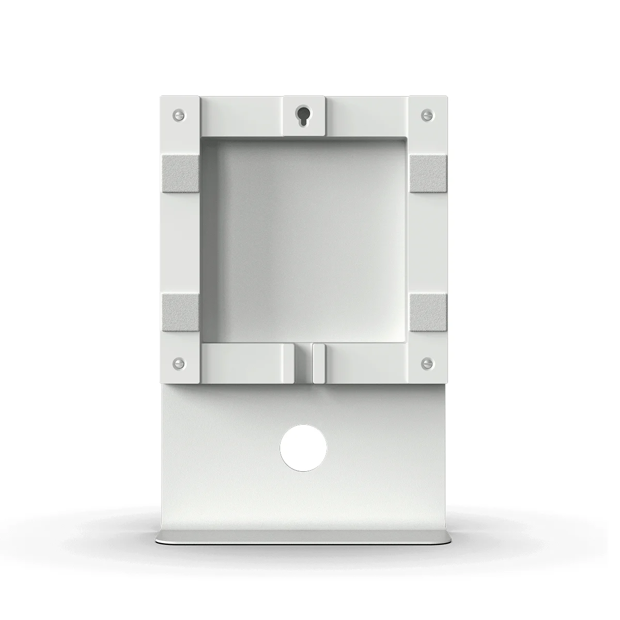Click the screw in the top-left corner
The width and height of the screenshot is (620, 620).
[179, 113]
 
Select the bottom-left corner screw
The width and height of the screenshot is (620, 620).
[179, 361]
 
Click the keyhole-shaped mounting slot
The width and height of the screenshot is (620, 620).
[303, 115]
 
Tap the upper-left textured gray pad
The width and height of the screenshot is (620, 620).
[179, 174]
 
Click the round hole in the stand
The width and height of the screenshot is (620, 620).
[303, 447]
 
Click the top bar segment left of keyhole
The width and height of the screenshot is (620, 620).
[241, 115]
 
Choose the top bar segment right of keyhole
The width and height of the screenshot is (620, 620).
[367, 115]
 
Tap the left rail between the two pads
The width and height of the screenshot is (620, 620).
[179, 243]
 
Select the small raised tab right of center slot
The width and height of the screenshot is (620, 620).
[319, 363]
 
